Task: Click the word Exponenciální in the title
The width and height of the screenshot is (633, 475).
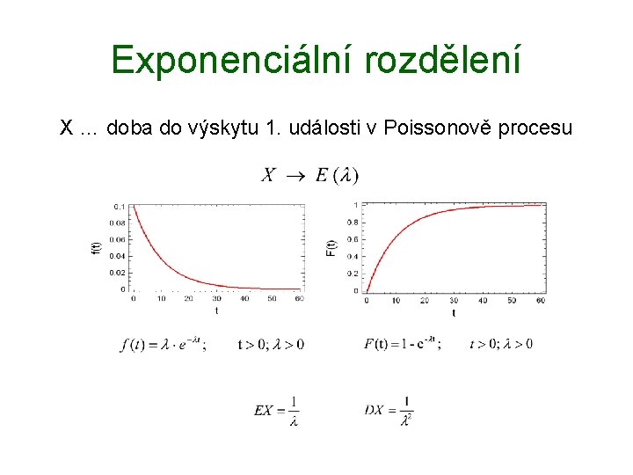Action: tap(225, 60)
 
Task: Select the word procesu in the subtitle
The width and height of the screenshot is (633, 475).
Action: tap(535, 128)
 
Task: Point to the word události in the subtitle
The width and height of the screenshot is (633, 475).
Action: tap(325, 128)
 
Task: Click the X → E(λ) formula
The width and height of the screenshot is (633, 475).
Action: tap(309, 175)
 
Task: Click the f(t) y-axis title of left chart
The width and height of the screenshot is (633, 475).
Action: tap(97, 248)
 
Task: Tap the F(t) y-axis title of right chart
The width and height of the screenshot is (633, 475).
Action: tap(331, 248)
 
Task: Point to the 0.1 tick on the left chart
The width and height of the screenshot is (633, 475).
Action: tap(119, 206)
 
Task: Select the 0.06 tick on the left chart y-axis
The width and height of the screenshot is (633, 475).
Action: tap(117, 239)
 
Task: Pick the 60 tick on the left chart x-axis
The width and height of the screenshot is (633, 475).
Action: tap(299, 299)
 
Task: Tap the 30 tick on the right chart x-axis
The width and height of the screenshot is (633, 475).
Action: tap(454, 301)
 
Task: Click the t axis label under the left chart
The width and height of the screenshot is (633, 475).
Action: tap(216, 311)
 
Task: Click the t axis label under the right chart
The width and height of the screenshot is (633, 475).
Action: tap(454, 312)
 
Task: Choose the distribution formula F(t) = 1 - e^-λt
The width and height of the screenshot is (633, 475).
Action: tap(402, 344)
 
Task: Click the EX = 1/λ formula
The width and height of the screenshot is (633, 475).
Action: tap(277, 410)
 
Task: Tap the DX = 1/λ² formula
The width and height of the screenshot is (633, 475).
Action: tap(389, 410)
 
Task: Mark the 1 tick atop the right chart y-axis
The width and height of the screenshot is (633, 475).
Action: tap(355, 206)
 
